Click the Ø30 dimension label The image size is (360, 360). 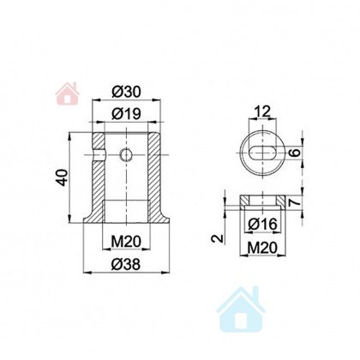(x=126, y=93)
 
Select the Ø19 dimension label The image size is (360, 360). (x=126, y=114)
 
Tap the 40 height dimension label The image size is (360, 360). (x=63, y=177)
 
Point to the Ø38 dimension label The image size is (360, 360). (x=126, y=264)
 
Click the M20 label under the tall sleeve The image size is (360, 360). (x=126, y=243)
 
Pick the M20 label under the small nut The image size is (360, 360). (x=262, y=248)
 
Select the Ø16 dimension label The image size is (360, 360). (x=262, y=225)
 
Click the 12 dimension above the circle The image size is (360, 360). (x=262, y=111)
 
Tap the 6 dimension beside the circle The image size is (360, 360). (x=296, y=153)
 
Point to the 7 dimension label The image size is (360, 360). (x=295, y=202)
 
